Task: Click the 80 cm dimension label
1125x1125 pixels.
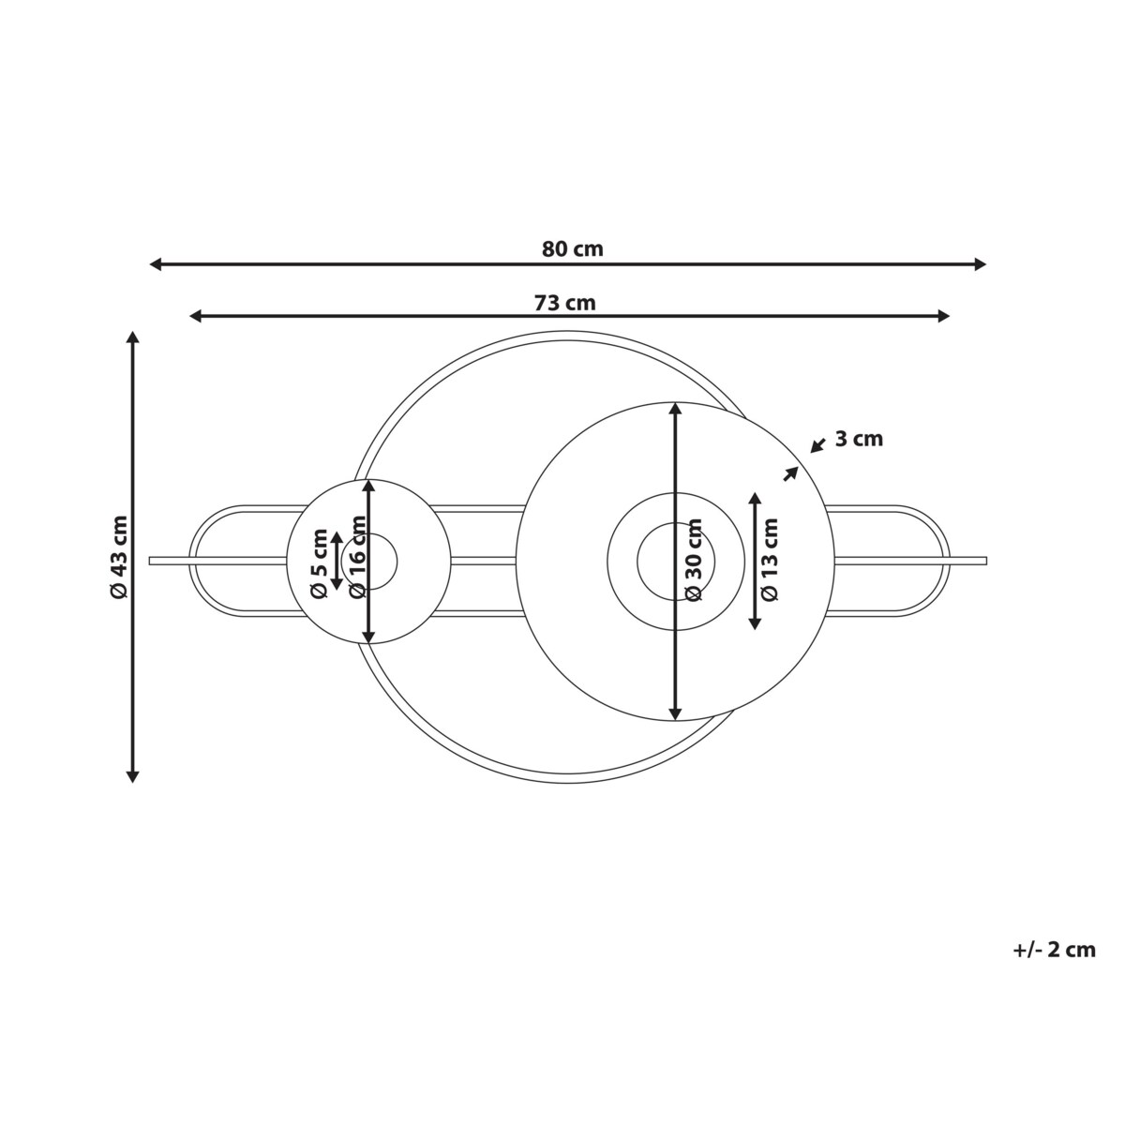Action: click(x=572, y=249)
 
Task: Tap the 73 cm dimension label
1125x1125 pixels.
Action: click(x=564, y=303)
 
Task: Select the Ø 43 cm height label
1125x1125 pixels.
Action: click(x=118, y=557)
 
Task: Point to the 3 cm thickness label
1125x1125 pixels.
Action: click(x=859, y=439)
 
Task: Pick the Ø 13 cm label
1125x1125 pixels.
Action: click(x=770, y=560)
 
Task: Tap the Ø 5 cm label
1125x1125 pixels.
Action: click(x=320, y=563)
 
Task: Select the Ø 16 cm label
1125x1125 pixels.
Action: click(x=357, y=557)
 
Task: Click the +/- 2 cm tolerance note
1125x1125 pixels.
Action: click(x=1054, y=967)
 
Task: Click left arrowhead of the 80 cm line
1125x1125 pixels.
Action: click(x=156, y=264)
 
